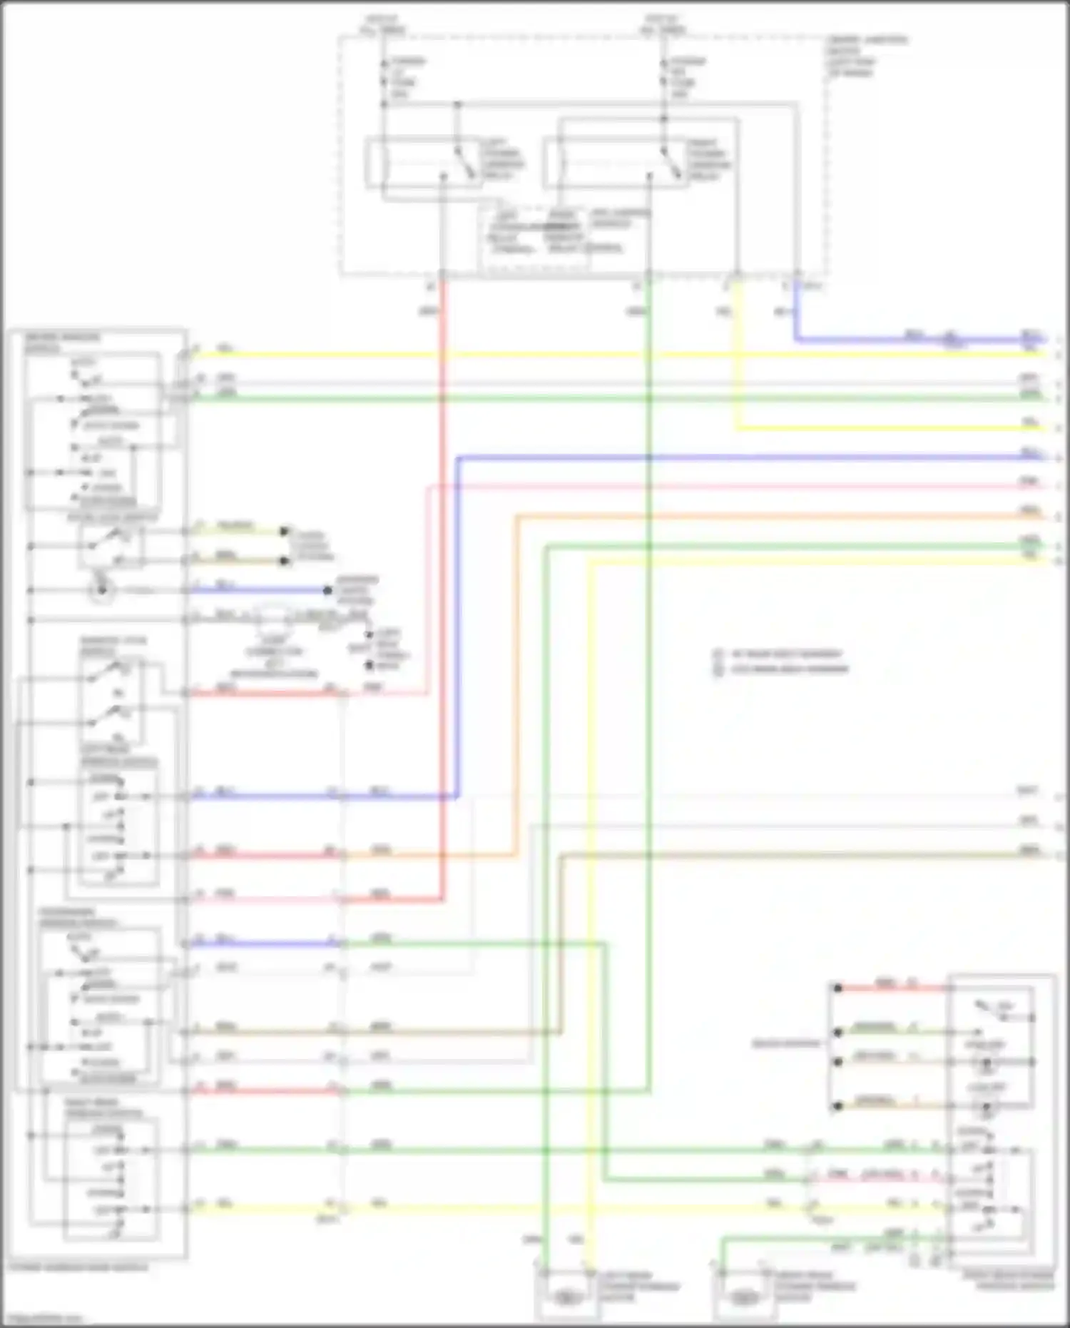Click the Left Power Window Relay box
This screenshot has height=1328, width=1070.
tap(424, 164)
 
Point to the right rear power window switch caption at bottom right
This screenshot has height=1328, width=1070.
tap(1013, 1281)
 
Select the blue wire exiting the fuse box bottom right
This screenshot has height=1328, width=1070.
tap(795, 314)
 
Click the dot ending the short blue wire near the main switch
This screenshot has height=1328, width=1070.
tap(327, 591)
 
